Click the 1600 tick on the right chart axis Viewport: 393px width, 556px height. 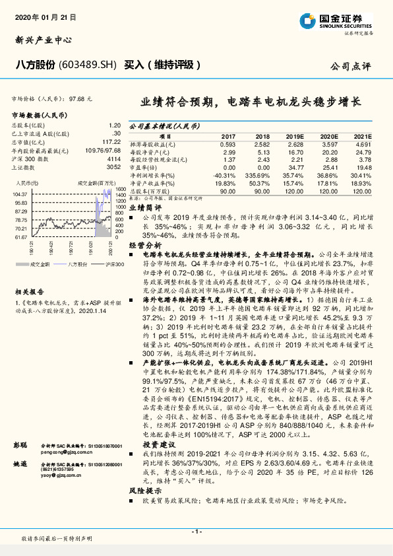click(120, 189)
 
